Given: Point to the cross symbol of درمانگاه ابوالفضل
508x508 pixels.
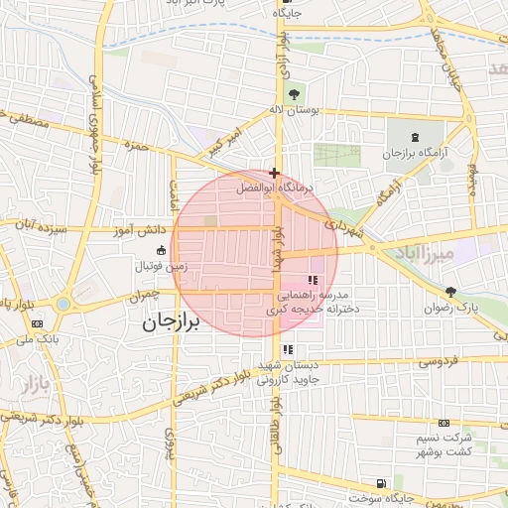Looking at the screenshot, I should pyautogui.click(x=274, y=173).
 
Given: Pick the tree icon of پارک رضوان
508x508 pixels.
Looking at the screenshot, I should pyautogui.click(x=452, y=292).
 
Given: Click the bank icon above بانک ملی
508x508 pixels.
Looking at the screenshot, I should pyautogui.click(x=38, y=323).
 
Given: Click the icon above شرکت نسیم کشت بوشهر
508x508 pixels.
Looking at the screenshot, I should pyautogui.click(x=444, y=423).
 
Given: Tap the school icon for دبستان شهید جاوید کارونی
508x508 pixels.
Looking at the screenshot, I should pyautogui.click(x=287, y=349).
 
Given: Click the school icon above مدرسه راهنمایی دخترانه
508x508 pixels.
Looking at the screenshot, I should pyautogui.click(x=314, y=281).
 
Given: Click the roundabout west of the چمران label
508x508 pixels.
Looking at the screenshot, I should pyautogui.click(x=63, y=304).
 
